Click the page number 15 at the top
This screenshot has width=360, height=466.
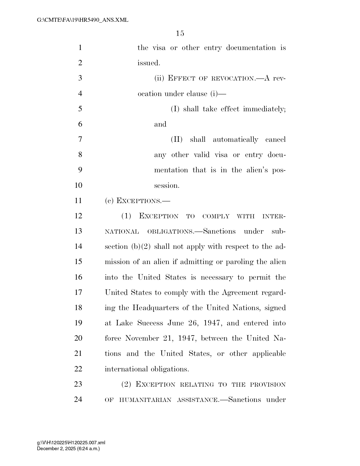click(180, 34)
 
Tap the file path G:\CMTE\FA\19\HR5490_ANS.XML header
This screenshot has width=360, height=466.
click(82, 20)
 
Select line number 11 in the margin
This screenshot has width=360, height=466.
click(78, 201)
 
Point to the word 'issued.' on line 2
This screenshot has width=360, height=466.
click(149, 63)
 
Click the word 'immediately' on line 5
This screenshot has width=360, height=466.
click(264, 109)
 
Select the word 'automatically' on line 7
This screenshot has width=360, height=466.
click(235, 140)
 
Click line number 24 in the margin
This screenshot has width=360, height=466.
click(78, 400)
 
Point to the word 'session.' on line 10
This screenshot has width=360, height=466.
click(167, 186)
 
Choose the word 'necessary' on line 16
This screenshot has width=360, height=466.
click(217, 277)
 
